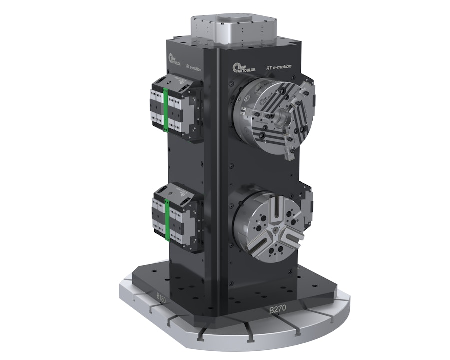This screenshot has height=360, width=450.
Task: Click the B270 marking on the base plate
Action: [278, 310]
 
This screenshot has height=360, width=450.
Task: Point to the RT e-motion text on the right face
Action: [279, 67]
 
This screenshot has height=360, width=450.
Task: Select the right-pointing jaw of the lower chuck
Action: [292, 234]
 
